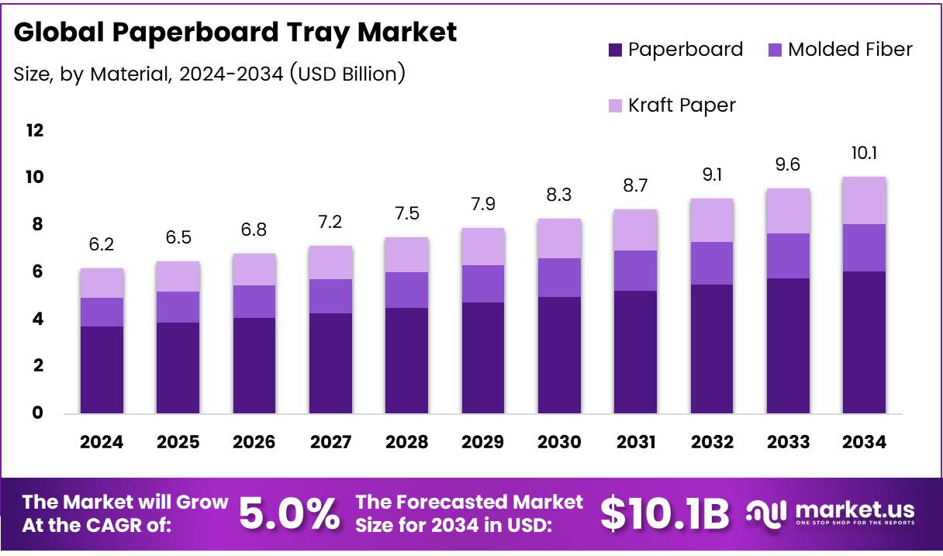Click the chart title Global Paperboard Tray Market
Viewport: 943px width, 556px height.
[235, 33]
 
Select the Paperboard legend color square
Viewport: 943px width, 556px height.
[616, 50]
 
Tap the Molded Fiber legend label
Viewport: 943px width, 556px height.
[850, 50]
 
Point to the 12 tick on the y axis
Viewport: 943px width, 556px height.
[35, 130]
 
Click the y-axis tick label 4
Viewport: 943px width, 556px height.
[37, 319]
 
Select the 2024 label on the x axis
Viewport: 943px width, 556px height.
[102, 442]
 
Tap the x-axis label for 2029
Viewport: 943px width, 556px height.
[482, 442]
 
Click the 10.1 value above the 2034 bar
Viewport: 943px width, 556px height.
[864, 154]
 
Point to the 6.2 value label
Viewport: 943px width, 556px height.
[102, 245]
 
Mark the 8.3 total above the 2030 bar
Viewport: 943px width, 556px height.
[558, 195]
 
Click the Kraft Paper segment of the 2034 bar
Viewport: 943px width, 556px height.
[864, 200]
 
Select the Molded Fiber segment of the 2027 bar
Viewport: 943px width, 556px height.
[330, 296]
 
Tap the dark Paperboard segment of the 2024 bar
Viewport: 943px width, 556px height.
[102, 369]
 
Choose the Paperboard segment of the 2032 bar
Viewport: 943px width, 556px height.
[711, 349]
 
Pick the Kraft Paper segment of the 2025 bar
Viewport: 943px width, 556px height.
[178, 276]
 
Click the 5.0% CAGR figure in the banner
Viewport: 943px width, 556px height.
[288, 513]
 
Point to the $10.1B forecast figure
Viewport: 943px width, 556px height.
[665, 513]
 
